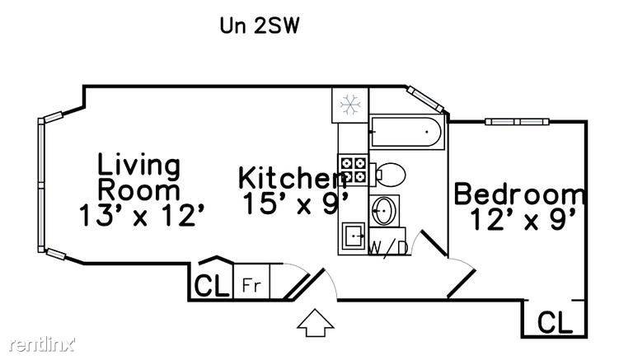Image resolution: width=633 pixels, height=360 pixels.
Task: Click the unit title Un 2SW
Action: (259, 26)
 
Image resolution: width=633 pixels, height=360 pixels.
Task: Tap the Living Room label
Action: (139, 177)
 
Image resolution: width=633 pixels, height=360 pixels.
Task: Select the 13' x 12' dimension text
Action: (141, 215)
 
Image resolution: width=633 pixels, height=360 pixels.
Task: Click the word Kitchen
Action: (292, 178)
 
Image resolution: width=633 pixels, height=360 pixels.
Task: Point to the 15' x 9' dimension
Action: (296, 203)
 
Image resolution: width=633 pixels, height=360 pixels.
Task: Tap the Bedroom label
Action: (520, 194)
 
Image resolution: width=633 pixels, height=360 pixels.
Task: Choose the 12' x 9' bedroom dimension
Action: (523, 219)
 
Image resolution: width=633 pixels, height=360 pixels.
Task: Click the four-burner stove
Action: (354, 170)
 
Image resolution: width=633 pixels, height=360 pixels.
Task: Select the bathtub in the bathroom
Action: (406, 132)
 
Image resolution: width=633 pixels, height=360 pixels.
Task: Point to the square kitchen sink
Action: (354, 236)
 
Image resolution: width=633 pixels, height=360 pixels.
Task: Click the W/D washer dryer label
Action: (389, 247)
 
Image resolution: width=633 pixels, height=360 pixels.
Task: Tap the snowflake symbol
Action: (350, 105)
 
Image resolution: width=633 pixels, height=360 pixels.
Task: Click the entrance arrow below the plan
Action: (316, 322)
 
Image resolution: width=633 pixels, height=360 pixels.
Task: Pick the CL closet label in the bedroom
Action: (555, 321)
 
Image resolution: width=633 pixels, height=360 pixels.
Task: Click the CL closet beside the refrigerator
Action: (212, 285)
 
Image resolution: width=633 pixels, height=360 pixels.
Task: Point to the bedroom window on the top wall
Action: (517, 121)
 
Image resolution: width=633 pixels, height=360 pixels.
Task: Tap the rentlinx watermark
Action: (42, 344)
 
